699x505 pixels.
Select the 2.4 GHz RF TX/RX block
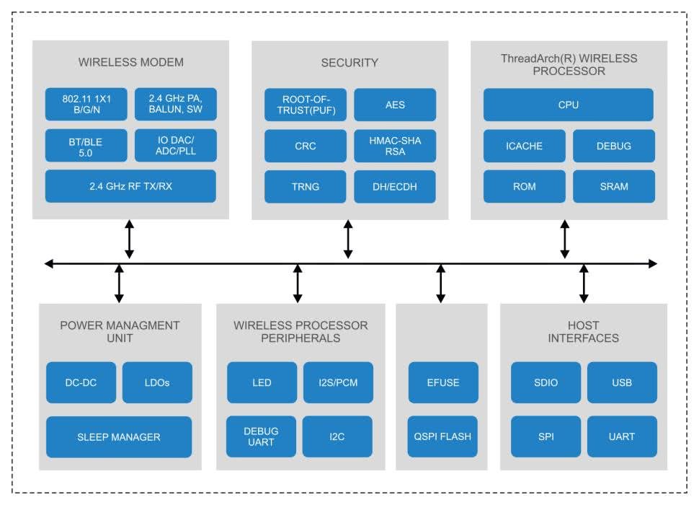click(130, 186)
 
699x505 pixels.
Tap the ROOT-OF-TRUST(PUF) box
click(305, 105)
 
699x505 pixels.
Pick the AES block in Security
click(395, 105)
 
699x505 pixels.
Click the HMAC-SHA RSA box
click(395, 146)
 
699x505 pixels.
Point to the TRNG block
click(305, 187)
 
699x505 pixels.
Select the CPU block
click(569, 105)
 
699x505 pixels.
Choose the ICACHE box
click(523, 146)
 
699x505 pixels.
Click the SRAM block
click(613, 186)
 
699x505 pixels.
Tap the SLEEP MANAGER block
click(119, 436)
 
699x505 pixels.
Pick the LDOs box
click(156, 382)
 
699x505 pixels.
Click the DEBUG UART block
click(261, 436)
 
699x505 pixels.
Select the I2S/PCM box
click(337, 382)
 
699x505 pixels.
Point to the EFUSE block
click(443, 382)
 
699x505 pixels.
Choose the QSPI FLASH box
click(443, 436)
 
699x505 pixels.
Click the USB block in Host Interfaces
click(622, 382)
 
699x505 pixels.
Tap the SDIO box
click(546, 382)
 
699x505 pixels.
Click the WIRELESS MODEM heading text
click(130, 63)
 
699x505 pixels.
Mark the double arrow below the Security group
click(348, 240)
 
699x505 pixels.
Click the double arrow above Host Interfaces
click(584, 283)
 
